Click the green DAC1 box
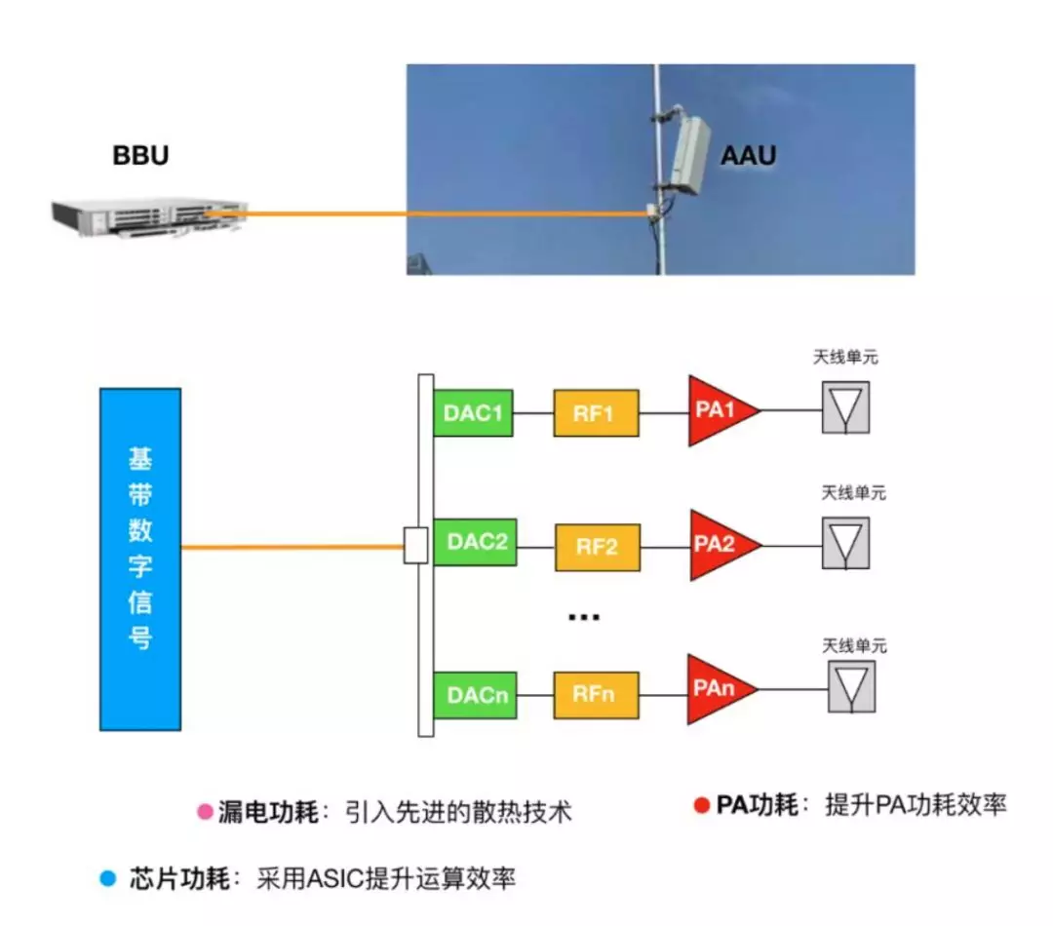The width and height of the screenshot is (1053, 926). coord(473,412)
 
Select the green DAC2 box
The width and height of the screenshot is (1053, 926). coord(476,542)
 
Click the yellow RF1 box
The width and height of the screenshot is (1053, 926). coord(596,412)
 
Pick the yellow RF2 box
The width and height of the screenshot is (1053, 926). coord(598,547)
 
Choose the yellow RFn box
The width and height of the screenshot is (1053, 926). coord(597,694)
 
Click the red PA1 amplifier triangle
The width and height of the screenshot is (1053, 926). coord(717,410)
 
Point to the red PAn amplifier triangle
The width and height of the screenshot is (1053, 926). coord(717,689)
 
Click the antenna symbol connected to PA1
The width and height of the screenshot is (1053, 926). coord(845,406)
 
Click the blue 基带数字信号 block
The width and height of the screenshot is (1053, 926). coord(140,559)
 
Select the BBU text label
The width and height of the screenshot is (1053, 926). coord(140,156)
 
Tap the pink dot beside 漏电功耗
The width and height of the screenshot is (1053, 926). coord(205,812)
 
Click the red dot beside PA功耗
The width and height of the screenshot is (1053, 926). coord(700,805)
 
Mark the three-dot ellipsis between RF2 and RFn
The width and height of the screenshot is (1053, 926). coord(583,618)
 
